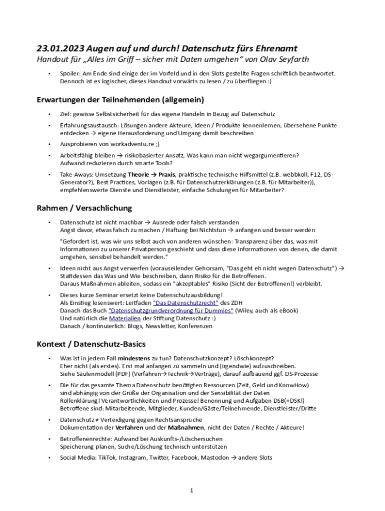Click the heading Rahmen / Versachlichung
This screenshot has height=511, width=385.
point(84,208)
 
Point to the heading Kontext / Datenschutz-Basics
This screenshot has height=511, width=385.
point(91,344)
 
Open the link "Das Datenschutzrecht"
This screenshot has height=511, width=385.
point(185,302)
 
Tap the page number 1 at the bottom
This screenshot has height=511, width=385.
point(192,491)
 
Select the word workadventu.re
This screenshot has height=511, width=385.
point(124,144)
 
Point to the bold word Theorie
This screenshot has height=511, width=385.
point(138,175)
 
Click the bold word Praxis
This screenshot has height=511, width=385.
point(168,175)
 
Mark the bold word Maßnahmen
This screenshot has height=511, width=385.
point(187,428)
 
